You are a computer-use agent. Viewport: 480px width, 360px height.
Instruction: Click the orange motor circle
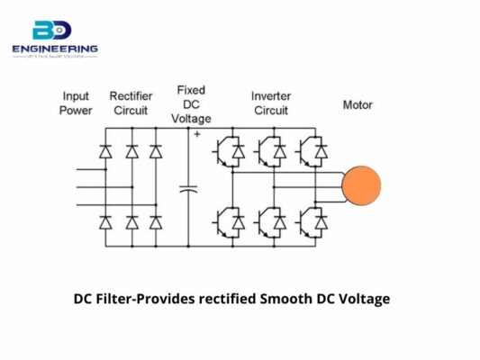360,185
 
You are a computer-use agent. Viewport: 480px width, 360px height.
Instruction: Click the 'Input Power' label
77,103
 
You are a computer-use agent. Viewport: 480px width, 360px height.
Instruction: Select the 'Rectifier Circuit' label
131,103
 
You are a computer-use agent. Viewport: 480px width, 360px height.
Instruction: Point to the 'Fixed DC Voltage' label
191,104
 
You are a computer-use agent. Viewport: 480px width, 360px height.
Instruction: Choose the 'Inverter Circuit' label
270,103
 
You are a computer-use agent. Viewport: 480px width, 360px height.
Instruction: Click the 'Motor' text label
358,104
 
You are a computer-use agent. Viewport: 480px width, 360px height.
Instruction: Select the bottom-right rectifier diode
155,220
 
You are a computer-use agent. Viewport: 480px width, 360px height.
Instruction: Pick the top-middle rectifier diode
132,150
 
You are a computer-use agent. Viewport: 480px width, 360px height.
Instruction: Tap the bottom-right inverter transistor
315,220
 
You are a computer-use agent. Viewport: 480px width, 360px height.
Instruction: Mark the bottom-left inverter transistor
226,220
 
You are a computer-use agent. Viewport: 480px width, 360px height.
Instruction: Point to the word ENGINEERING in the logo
55,49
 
